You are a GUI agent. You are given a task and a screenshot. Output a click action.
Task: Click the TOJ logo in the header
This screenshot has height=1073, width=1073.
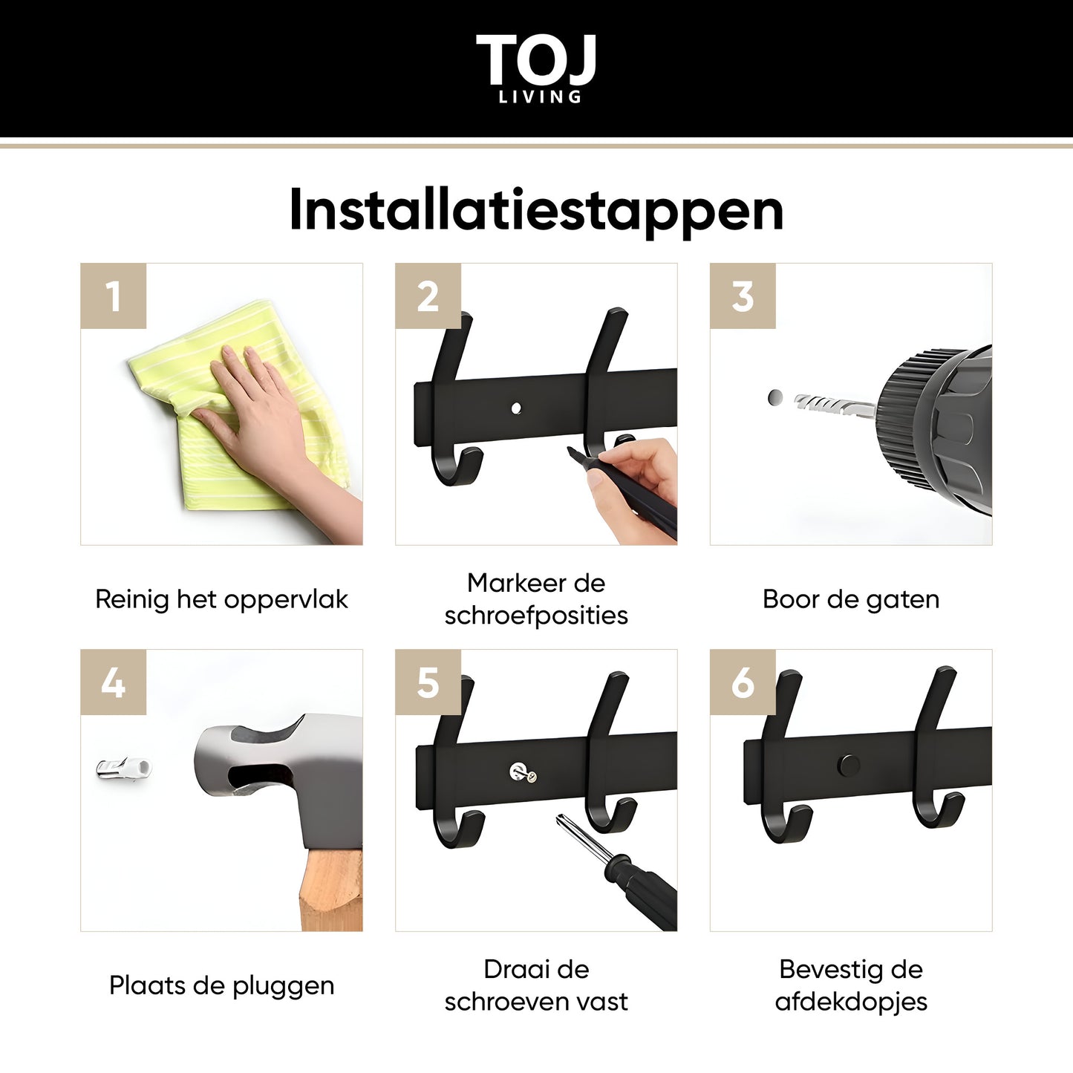point(535,68)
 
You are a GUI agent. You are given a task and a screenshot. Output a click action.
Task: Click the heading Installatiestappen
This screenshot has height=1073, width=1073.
point(536,211)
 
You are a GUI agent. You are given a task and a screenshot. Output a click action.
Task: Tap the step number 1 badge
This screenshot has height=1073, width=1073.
point(114,296)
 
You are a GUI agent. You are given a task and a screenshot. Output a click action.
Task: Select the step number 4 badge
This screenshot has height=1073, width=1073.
point(114,682)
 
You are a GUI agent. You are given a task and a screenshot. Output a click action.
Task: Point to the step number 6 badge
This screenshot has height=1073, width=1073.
point(743,682)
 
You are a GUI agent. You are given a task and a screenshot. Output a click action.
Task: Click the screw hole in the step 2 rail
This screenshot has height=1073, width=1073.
point(516,408)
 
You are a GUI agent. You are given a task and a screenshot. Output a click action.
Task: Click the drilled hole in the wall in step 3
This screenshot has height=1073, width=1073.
point(774,397)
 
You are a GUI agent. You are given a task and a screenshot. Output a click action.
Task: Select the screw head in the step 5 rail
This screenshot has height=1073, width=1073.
point(522,772)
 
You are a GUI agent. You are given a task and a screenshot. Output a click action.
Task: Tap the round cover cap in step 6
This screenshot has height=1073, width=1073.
point(848,766)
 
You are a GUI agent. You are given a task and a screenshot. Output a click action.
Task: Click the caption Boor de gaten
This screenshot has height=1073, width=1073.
point(851,599)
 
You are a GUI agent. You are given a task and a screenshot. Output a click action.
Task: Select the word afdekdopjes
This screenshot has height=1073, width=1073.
point(851,1002)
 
